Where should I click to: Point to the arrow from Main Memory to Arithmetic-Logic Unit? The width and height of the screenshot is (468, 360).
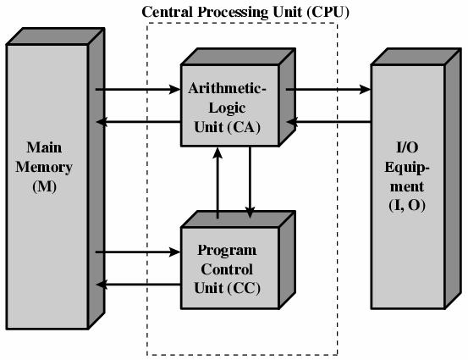[135, 88]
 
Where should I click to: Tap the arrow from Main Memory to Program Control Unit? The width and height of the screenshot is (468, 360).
[135, 252]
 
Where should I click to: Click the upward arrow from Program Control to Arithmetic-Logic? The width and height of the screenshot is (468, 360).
[218, 182]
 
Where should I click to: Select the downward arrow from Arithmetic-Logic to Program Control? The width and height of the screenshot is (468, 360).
[250, 182]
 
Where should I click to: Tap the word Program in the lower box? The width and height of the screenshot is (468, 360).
[228, 251]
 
